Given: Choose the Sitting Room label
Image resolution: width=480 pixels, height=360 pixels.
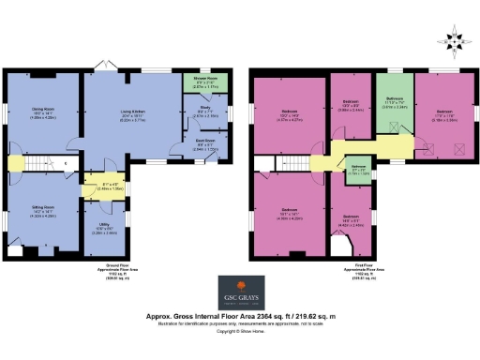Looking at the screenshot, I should click(41, 205).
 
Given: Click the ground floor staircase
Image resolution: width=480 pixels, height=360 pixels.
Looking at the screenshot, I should click(44, 165).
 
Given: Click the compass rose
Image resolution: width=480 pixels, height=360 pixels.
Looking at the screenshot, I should click(457, 40).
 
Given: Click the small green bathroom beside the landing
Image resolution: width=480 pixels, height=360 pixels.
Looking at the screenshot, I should click(359, 172).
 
